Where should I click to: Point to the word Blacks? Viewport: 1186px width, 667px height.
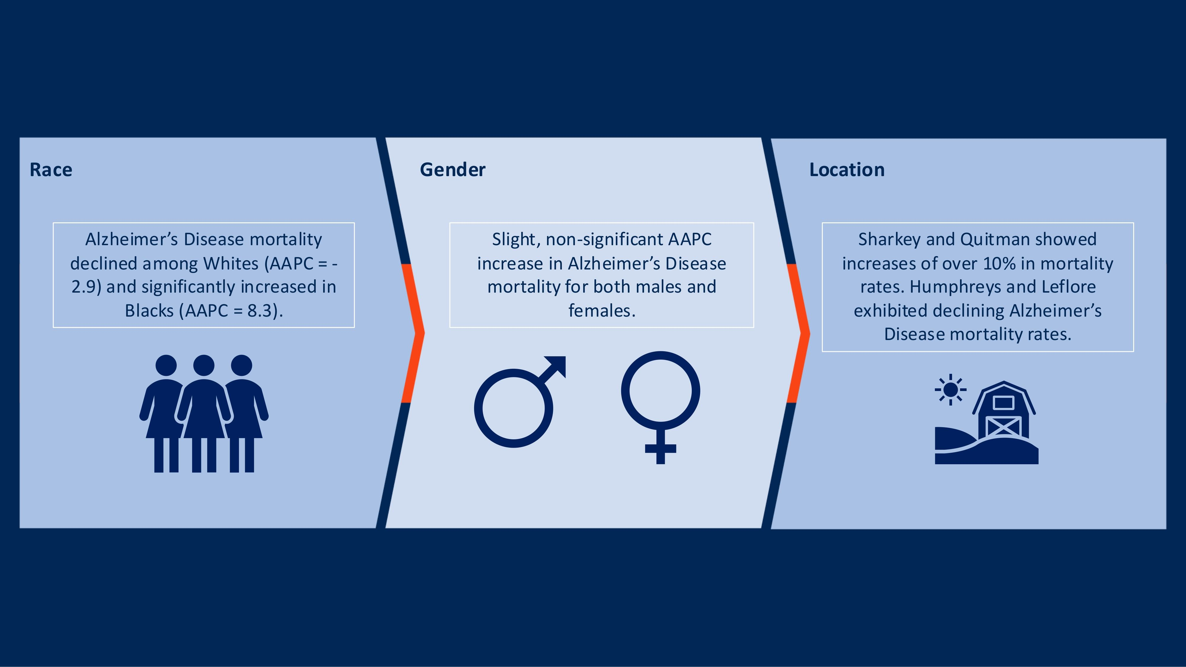tap(149, 311)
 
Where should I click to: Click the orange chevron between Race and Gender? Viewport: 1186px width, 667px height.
tap(412, 333)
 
